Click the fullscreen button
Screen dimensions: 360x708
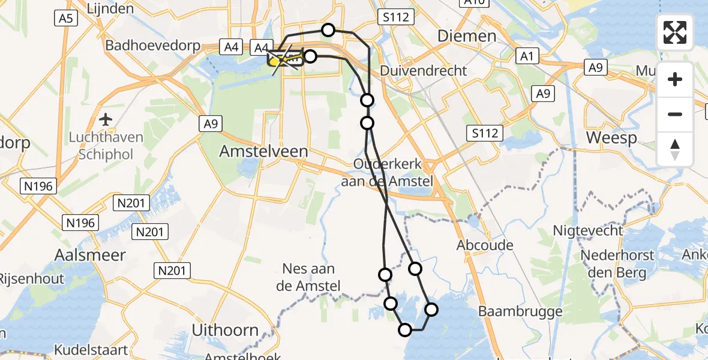pyautogui.click(x=675, y=32)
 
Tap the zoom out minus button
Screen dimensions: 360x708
pyautogui.click(x=675, y=114)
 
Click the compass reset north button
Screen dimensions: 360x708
pyautogui.click(x=675, y=149)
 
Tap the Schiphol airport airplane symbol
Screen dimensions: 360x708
pyautogui.click(x=106, y=119)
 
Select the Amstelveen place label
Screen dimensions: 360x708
pyautogui.click(x=263, y=151)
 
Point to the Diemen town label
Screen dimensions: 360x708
pyautogui.click(x=467, y=36)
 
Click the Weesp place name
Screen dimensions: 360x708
pyautogui.click(x=611, y=137)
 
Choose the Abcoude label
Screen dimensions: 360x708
pyautogui.click(x=485, y=245)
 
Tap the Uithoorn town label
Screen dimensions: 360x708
pyautogui.click(x=224, y=329)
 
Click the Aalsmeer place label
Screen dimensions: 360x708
pyautogui.click(x=90, y=255)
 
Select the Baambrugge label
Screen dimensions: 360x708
pyautogui.click(x=520, y=311)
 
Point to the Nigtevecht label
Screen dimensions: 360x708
pyautogui.click(x=587, y=230)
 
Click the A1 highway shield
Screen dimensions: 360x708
pyautogui.click(x=526, y=56)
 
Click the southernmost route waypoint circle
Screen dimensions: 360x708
pyautogui.click(x=405, y=329)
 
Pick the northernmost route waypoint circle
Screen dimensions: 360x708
pyautogui.click(x=328, y=29)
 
